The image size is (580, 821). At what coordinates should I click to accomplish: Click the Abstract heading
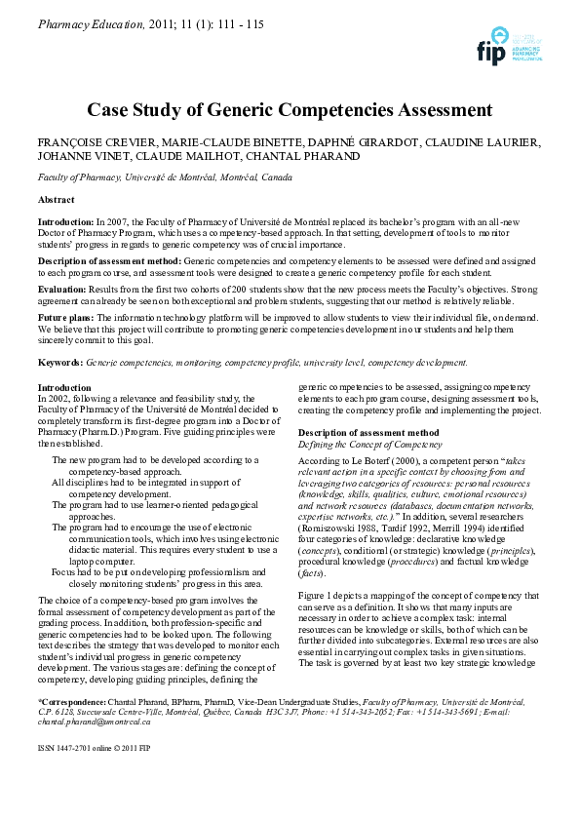point(56,199)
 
